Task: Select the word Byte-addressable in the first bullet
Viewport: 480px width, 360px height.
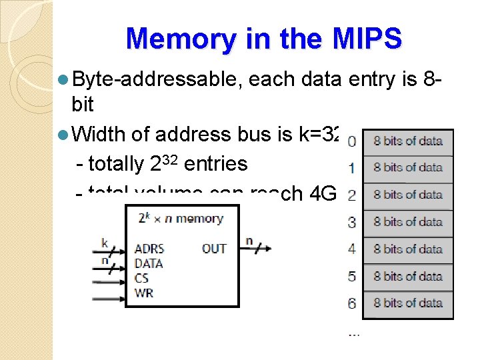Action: pos(157,80)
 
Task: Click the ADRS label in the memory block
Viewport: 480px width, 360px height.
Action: pos(149,249)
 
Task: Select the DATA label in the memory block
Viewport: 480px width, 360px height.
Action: pos(149,263)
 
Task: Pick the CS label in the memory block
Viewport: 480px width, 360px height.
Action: pos(141,278)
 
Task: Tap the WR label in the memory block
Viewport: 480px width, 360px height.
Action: pos(143,292)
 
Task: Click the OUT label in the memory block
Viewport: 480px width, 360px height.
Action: pos(214,249)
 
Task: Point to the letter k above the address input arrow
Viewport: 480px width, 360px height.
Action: pos(105,243)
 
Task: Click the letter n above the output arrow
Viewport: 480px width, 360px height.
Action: pos(249,240)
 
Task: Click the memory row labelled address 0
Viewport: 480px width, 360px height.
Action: pos(407,141)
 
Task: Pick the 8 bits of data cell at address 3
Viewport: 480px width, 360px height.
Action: pos(407,222)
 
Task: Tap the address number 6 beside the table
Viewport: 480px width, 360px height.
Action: pos(352,303)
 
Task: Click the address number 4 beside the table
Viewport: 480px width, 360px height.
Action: pos(352,249)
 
